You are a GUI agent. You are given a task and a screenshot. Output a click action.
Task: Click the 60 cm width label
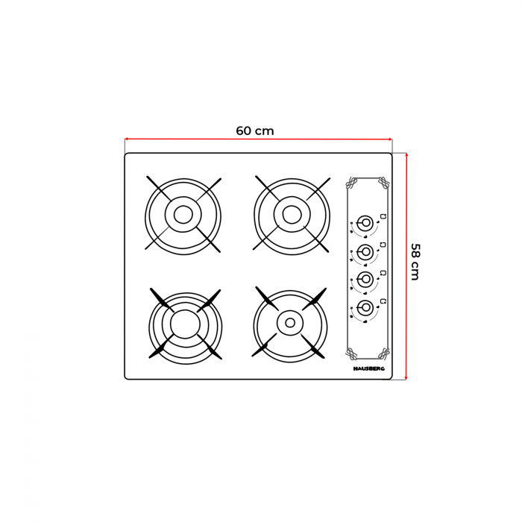point(255,130)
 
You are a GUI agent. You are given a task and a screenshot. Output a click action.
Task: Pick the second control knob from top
point(365,252)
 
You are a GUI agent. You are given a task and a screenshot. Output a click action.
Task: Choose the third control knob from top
point(365,280)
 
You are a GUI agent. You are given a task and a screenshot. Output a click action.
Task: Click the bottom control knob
point(365,307)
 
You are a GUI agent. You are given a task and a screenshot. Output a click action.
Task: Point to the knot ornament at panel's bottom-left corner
point(350,353)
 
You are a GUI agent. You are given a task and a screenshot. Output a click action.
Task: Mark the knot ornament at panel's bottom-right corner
point(383,353)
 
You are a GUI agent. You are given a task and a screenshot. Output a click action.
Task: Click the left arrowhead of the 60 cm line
point(126,139)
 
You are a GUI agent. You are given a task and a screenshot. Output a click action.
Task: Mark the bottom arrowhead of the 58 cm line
point(406,377)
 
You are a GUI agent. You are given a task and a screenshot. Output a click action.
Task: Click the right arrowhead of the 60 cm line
point(390,139)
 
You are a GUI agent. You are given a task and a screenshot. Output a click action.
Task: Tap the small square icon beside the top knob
point(383,216)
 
